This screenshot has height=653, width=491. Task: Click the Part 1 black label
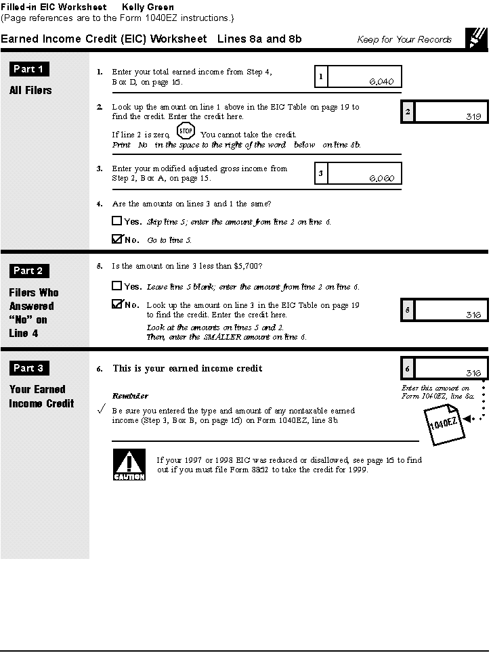pyautogui.click(x=29, y=69)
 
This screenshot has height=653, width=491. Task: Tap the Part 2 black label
pyautogui.click(x=29, y=271)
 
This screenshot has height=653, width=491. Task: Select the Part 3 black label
pyautogui.click(x=29, y=368)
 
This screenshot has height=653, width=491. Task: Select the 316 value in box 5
pyautogui.click(x=473, y=315)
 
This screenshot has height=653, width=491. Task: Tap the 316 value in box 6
pyautogui.click(x=473, y=373)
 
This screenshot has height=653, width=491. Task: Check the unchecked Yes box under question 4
pyautogui.click(x=117, y=221)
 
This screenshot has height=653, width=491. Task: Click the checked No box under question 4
pyautogui.click(x=117, y=239)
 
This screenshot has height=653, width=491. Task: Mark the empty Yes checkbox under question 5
pyautogui.click(x=117, y=286)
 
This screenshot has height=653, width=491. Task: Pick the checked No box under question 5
pyautogui.click(x=117, y=305)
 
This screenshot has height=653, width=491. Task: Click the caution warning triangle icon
pyautogui.click(x=129, y=466)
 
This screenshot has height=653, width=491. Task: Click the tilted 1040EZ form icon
pyautogui.click(x=444, y=424)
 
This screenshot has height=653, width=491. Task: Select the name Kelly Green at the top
pyautogui.click(x=148, y=7)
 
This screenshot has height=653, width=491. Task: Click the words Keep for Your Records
pyautogui.click(x=404, y=39)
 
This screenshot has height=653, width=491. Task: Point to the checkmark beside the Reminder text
pyautogui.click(x=101, y=410)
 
